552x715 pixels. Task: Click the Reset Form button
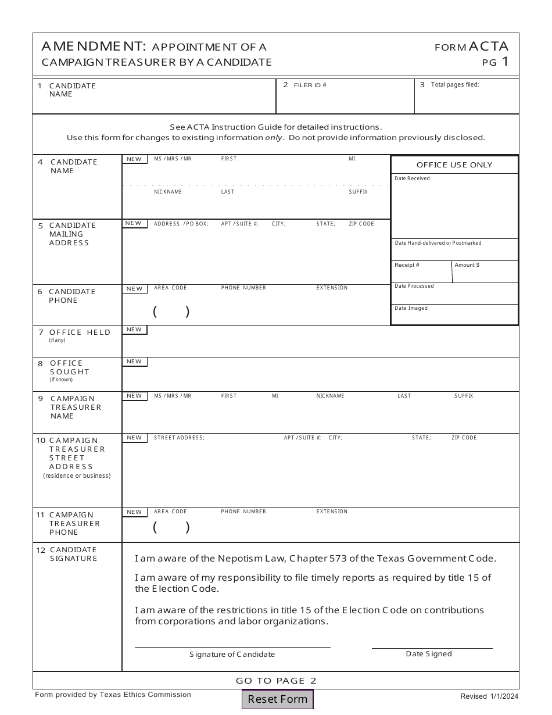278,699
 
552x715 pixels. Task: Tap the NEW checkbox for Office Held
134,330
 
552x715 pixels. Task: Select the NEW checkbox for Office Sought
134,362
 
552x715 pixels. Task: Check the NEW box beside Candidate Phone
134,289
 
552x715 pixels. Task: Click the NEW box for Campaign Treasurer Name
134,396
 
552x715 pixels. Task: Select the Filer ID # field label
310,85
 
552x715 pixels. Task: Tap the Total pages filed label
454,85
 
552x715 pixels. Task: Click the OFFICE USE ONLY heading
454,165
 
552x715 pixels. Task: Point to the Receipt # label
407,265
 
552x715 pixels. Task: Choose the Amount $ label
467,265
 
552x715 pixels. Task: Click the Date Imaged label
411,308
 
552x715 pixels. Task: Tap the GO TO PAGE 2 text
276,681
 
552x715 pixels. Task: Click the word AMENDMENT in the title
94,47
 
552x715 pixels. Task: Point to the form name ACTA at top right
488,47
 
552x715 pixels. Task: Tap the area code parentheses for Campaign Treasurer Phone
171,527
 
